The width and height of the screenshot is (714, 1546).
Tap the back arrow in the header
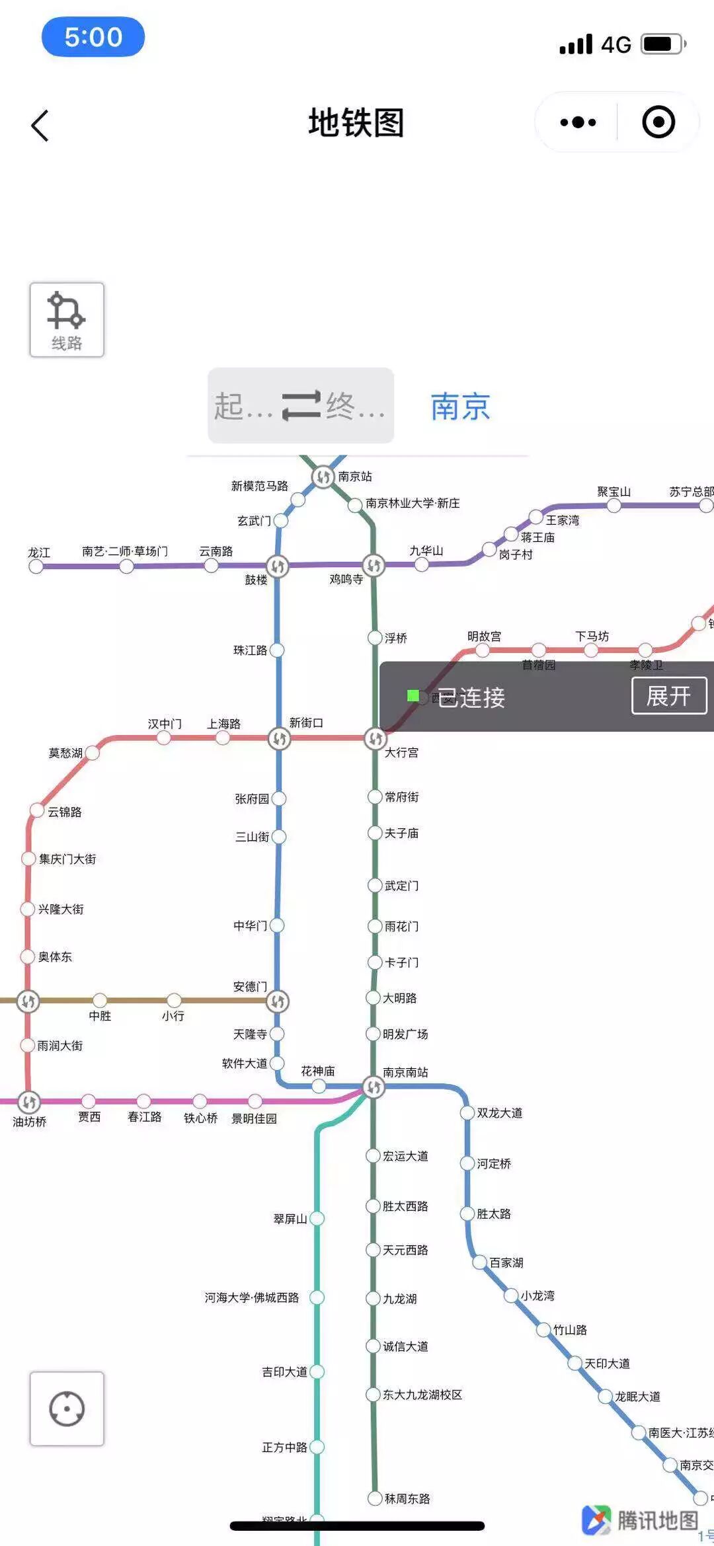coord(40,125)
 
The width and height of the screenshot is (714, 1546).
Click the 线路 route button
coord(67,320)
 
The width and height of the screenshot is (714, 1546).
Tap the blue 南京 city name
coord(460,406)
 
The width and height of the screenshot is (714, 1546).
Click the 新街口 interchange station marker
coord(279,738)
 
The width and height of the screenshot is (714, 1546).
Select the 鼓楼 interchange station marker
coord(278,566)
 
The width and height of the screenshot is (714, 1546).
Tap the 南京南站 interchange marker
coord(374,1087)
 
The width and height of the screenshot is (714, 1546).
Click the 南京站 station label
coord(355,477)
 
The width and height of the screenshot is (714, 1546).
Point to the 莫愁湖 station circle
coord(93,753)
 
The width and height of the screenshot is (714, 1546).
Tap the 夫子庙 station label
coord(401,833)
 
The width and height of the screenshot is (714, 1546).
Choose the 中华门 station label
coord(250,925)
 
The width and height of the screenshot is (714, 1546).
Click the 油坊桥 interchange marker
coord(28,1102)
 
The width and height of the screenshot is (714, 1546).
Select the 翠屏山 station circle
coord(317,1218)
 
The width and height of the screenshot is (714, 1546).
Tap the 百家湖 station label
coord(506,1262)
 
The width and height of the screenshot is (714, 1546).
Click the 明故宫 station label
coord(484,637)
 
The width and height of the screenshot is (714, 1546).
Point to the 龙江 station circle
coord(36,566)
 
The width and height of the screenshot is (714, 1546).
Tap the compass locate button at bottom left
coord(67,1409)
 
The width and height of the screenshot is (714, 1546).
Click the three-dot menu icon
coord(578,122)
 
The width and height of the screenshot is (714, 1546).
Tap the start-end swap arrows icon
coord(301,405)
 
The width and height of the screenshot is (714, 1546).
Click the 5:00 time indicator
coord(93,37)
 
